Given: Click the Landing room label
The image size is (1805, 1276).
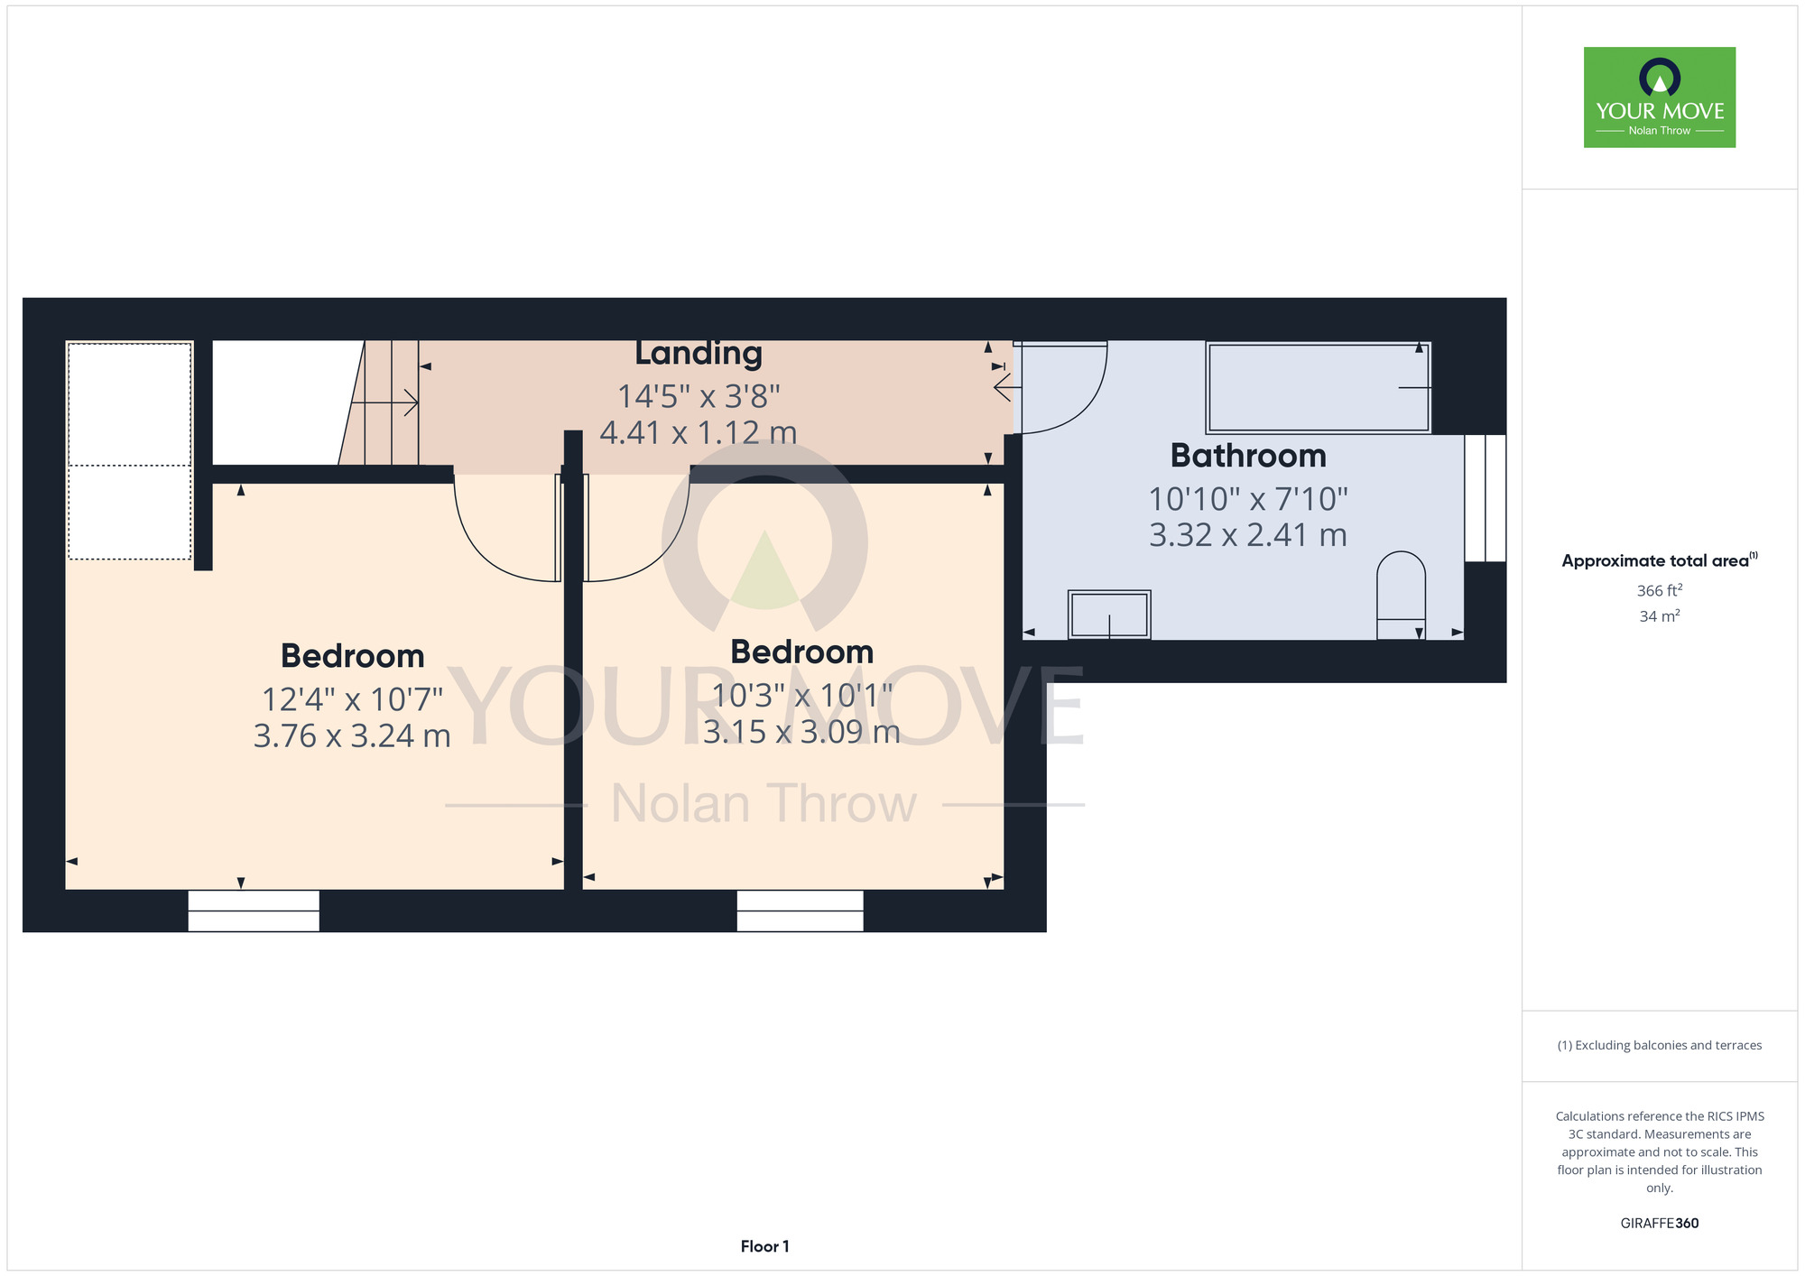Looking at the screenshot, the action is point(699,354).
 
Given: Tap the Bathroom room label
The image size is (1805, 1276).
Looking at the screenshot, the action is point(1248,456).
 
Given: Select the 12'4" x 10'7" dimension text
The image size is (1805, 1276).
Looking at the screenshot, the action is point(352,699).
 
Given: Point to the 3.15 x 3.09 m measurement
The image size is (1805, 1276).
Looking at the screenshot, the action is point(801,732).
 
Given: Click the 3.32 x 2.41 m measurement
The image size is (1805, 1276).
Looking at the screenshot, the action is point(1248,535).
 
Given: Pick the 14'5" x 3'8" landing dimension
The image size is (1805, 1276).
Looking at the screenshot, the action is point(699,396).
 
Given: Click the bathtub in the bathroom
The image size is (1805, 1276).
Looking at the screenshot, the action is point(1319,387).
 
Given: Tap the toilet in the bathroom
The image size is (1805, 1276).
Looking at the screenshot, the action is point(1401,596).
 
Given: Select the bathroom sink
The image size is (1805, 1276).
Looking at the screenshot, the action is point(1109,615).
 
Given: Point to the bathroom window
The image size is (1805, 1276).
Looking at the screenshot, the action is point(1485,498).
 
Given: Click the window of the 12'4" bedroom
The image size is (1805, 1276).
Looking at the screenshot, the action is point(254,911).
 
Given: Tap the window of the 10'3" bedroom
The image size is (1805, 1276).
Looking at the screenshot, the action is point(800,911).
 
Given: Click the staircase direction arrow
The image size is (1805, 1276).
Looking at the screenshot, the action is point(384,402).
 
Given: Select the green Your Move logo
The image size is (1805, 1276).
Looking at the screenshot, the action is point(1660,97).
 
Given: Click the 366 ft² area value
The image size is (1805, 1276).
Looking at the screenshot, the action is point(1660,591).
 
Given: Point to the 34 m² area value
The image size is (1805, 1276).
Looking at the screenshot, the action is point(1660,616).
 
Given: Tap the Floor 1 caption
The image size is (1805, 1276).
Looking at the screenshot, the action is point(764,1246).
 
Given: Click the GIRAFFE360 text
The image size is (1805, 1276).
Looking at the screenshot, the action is point(1660,1224).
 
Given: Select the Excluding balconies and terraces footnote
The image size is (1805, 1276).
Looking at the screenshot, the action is point(1660,1045).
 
